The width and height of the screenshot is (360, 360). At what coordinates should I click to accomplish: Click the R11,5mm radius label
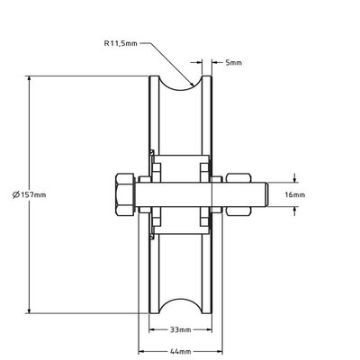[121, 41]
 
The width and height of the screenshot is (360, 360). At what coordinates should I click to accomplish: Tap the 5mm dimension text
[233, 63]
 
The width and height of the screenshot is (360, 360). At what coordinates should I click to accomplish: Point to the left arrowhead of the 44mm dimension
[140, 349]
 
